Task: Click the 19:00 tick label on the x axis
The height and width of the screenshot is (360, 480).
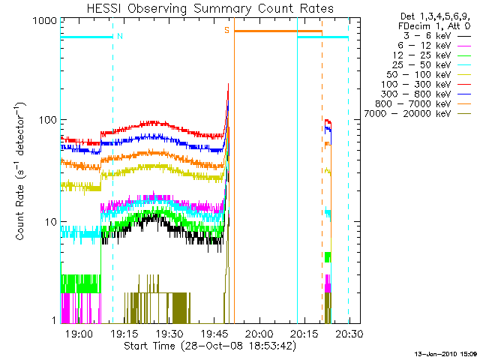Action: click(x=79, y=334)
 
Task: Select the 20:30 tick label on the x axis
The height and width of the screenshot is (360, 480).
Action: click(x=349, y=334)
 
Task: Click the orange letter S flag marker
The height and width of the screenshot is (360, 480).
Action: click(x=226, y=30)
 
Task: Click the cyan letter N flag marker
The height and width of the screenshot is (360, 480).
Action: click(x=120, y=34)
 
